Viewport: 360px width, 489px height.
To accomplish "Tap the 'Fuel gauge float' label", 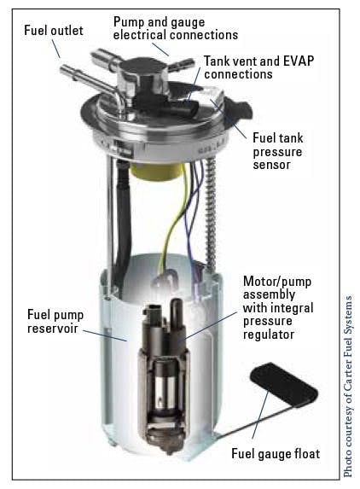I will tap(275, 453).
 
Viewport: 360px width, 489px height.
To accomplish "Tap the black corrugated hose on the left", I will tap(121, 213).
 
